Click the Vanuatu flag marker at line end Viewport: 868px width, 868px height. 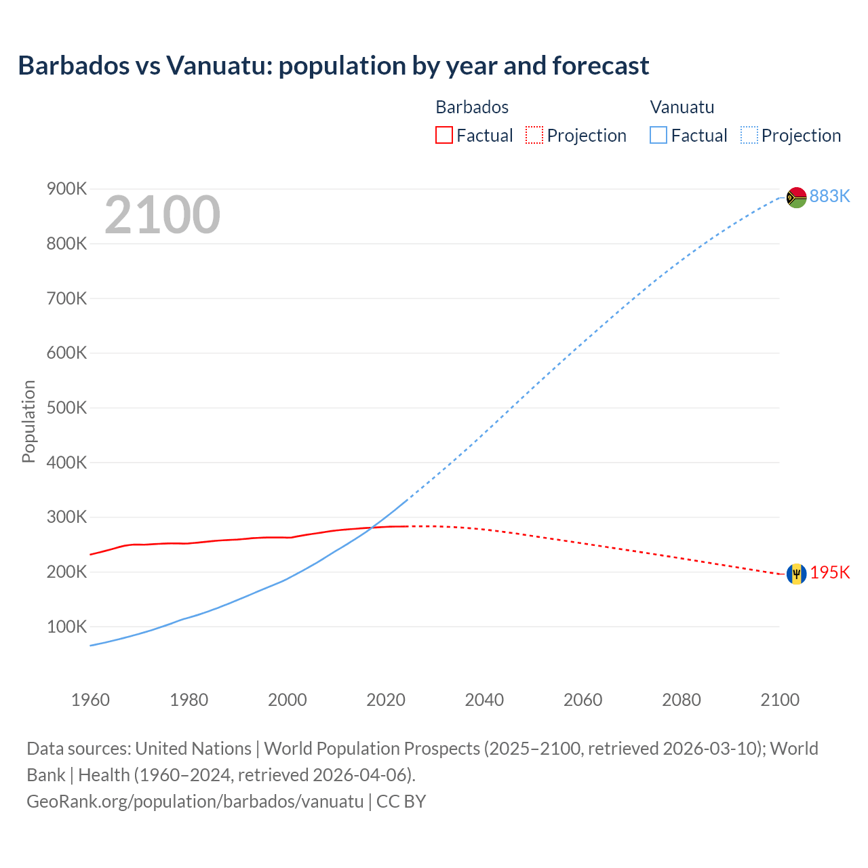796,197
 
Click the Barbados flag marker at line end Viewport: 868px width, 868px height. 796,574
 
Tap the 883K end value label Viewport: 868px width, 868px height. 829,196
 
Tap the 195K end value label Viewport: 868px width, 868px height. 829,573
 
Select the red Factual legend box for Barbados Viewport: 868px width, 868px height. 443,135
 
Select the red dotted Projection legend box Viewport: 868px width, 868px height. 534,135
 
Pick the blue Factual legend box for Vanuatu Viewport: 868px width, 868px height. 658,135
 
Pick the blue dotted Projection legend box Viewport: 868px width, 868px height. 749,135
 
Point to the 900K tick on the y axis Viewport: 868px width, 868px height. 66,189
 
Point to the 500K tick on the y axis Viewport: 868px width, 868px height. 66,408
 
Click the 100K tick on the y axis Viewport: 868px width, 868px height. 66,627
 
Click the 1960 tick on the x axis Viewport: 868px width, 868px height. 90,700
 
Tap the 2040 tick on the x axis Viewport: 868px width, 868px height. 484,700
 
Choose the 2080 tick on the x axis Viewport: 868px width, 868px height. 681,700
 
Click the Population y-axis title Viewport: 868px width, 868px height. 28,421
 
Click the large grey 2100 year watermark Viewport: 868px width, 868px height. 162,215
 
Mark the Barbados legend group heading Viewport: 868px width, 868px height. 472,107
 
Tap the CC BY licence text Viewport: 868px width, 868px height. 401,802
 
